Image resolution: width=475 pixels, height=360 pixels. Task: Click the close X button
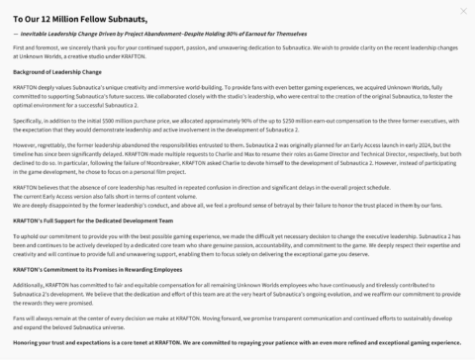tap(463, 11)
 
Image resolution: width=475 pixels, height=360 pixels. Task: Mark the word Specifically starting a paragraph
tap(30, 119)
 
